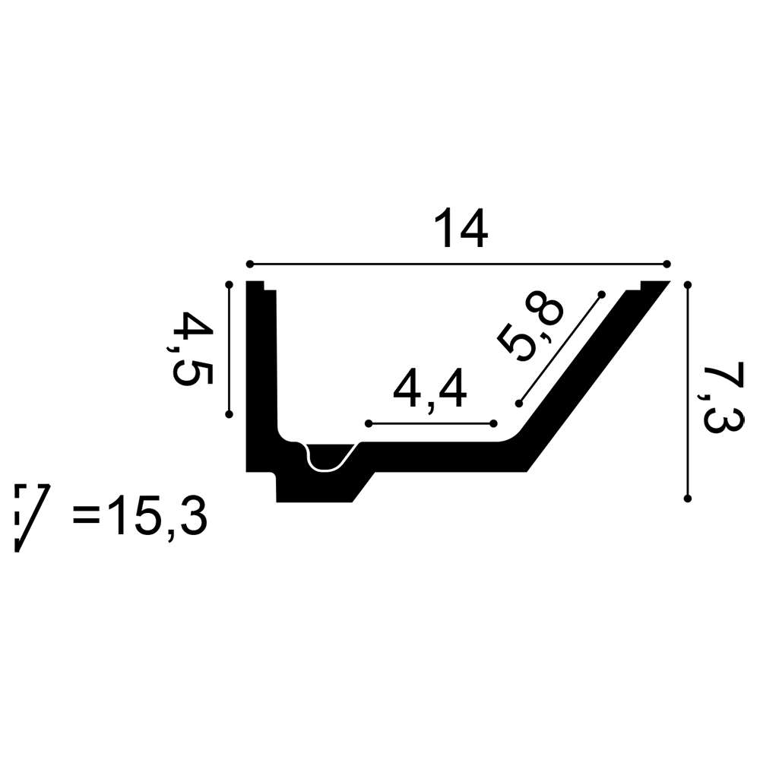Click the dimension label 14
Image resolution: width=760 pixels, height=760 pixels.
pos(461,229)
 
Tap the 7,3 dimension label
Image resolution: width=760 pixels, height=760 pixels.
pos(721,400)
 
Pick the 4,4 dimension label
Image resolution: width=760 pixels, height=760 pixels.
pos(430,388)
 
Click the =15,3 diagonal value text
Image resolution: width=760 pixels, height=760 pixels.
pos(140,515)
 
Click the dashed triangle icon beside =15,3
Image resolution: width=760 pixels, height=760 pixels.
pos(31,517)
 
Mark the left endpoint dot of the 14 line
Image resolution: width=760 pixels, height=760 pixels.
pos(249,264)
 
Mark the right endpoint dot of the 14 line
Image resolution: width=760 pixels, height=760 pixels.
pos(667,264)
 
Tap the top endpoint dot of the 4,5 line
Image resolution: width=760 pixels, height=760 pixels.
pos(230,284)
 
